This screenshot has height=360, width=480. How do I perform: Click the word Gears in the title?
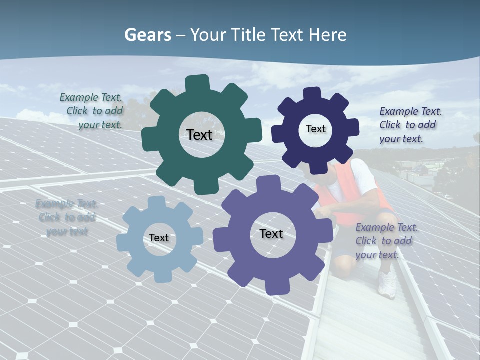point(147,35)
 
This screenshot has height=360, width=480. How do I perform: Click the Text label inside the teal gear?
point(199,135)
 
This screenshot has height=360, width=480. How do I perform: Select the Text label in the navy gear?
point(315,129)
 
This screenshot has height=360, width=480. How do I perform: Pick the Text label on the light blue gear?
point(159,238)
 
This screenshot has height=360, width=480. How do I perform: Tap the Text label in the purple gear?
point(271,234)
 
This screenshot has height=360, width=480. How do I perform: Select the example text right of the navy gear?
point(410,125)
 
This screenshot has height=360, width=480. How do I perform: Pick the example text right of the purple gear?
point(386,241)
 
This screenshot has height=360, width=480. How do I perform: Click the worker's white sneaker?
point(387,285)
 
